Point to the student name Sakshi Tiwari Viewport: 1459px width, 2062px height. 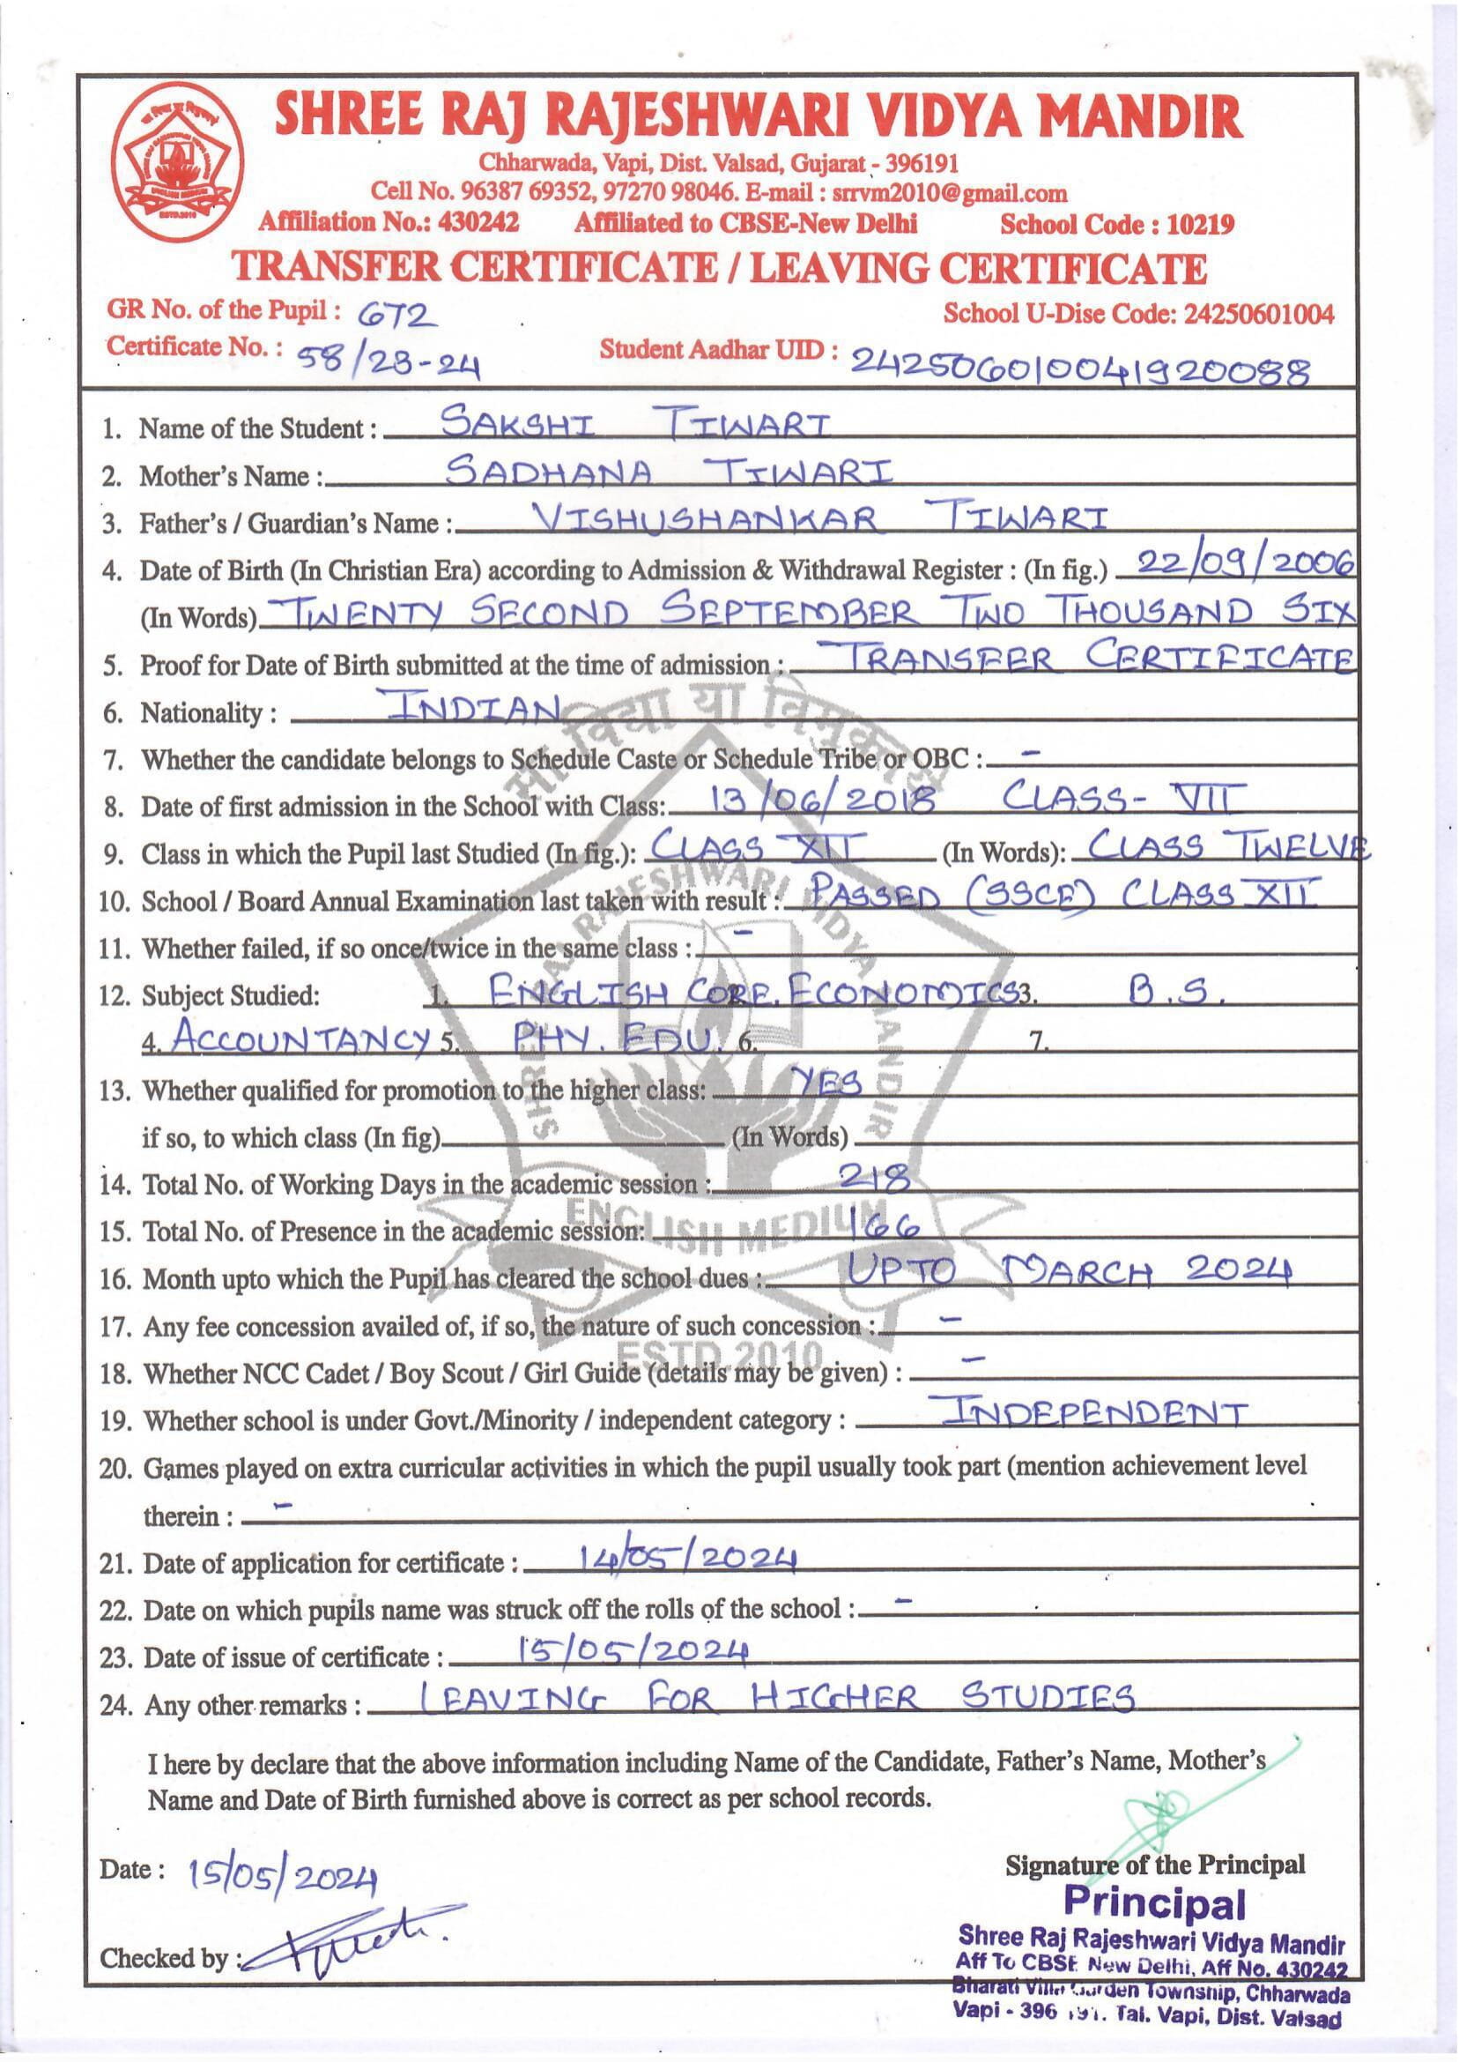click(638, 423)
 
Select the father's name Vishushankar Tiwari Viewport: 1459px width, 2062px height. click(818, 518)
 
